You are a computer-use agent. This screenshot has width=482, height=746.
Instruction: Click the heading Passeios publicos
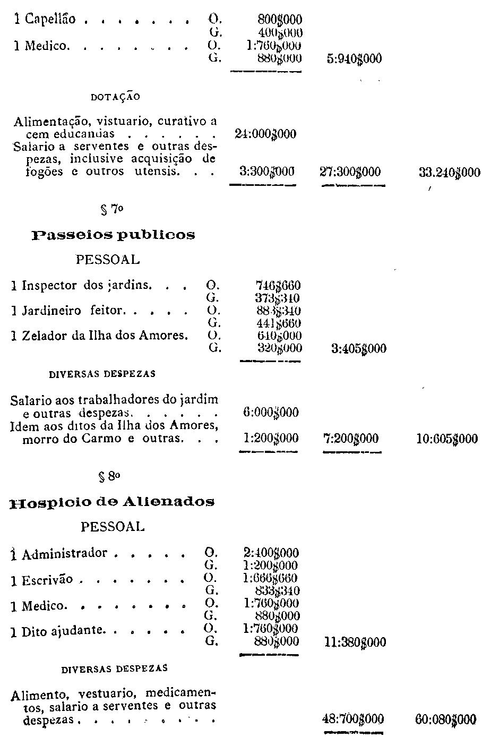click(113, 235)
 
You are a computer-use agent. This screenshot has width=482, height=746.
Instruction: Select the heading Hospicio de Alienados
click(112, 502)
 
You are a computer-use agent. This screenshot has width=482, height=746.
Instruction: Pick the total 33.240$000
click(449, 172)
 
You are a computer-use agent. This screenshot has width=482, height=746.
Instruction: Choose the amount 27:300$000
click(350, 172)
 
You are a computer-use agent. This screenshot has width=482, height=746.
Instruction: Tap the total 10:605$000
click(447, 439)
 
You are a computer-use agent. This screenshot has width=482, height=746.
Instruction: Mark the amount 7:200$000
click(351, 439)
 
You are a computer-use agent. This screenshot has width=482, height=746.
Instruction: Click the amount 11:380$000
click(355, 643)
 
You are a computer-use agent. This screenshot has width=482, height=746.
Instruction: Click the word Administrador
click(65, 554)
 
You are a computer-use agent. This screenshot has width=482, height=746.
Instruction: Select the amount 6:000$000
click(269, 413)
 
